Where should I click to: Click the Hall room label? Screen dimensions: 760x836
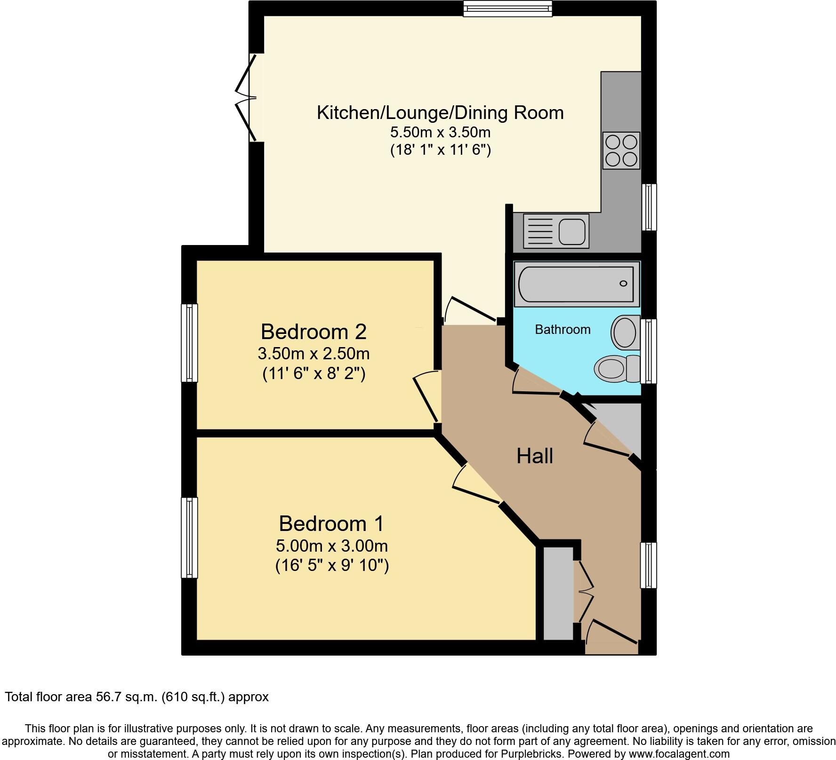coord(534,456)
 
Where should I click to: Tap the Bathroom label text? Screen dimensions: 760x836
coord(563,330)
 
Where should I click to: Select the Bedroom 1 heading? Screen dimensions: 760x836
coord(331,523)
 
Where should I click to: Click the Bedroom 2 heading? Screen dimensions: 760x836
coord(313,332)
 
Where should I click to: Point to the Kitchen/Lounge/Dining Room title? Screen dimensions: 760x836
coord(440,113)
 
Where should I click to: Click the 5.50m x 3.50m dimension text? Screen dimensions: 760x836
coord(440,132)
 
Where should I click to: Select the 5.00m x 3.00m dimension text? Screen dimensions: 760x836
coord(331,546)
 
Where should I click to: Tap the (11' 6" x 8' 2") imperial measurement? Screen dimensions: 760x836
coord(313,374)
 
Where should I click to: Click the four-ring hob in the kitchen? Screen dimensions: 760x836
coord(621,150)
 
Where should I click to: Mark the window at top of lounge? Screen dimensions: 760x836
coord(507,8)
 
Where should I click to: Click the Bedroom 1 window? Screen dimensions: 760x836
coord(189,538)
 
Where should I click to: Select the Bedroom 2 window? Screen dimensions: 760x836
coord(189,342)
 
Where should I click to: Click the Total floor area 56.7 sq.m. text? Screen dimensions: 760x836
coord(137,697)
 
